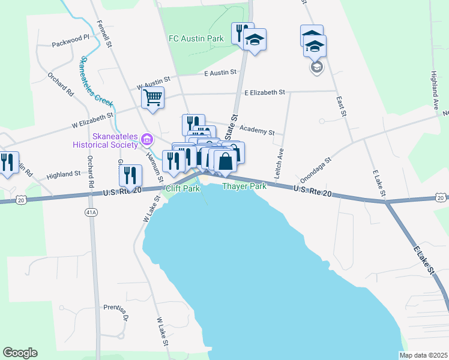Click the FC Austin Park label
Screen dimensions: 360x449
[196, 39]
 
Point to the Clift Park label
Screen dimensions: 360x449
[182, 188]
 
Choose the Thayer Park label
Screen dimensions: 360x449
[244, 187]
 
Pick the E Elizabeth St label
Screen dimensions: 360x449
[265, 92]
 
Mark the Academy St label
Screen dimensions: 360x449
[256, 131]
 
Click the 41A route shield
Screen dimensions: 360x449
[91, 212]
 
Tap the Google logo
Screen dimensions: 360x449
[20, 353]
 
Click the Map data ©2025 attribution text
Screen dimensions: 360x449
[423, 355]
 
